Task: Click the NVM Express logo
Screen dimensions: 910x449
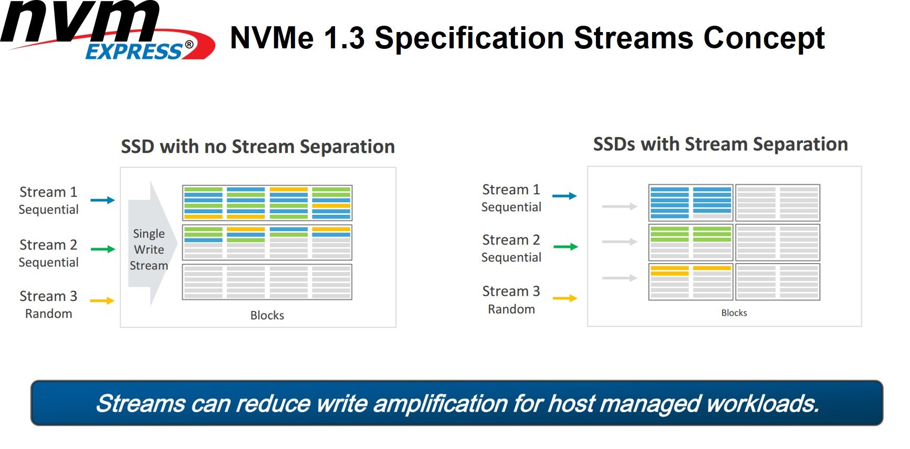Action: coord(108,30)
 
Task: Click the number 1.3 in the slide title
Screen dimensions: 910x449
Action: coord(343,38)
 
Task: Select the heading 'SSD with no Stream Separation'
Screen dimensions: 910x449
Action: coord(258,147)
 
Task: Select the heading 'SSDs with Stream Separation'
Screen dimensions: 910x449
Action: coord(720,144)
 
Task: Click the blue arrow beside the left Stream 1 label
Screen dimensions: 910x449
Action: coord(102,200)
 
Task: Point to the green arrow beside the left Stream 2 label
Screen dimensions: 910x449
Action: coord(102,249)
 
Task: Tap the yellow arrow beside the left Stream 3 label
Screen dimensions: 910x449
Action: coord(102,300)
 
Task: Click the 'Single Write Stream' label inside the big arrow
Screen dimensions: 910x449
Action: coord(149,249)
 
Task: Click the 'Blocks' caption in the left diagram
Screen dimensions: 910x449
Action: coord(267,315)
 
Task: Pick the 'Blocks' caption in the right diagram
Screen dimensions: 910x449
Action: coord(734,313)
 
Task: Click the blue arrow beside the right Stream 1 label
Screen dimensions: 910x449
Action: coord(564,196)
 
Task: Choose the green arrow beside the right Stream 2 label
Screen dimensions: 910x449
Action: coord(566,246)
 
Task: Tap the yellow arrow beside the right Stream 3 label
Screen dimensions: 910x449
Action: coord(565,298)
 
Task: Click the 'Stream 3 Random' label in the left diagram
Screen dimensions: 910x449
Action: coord(48,305)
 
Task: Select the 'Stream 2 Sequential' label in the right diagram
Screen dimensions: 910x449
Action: coord(511,248)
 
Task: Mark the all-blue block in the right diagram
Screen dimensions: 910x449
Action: coord(691,203)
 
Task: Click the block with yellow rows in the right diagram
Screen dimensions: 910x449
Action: coord(691,282)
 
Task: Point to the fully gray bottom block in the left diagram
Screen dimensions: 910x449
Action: coord(267,282)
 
